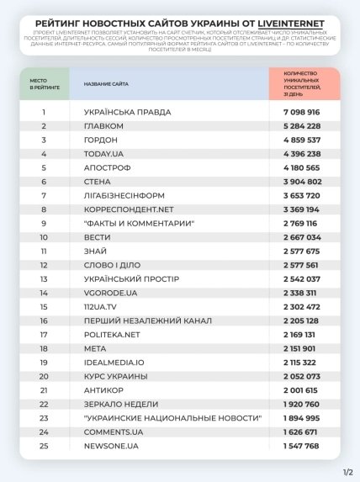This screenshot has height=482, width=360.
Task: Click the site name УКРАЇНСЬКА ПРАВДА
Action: coord(127,111)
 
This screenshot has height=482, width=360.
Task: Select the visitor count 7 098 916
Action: coord(295,111)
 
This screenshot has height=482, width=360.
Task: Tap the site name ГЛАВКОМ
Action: coord(104,125)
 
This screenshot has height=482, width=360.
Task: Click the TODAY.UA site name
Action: coord(104,153)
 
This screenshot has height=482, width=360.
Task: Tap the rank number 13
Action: coord(43,278)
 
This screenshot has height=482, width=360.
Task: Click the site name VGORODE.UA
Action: coord(110,292)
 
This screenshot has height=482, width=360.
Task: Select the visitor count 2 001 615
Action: coord(295,389)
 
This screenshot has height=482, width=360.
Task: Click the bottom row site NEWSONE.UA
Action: coord(111,445)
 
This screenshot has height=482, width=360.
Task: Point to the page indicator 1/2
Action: coord(347,472)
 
